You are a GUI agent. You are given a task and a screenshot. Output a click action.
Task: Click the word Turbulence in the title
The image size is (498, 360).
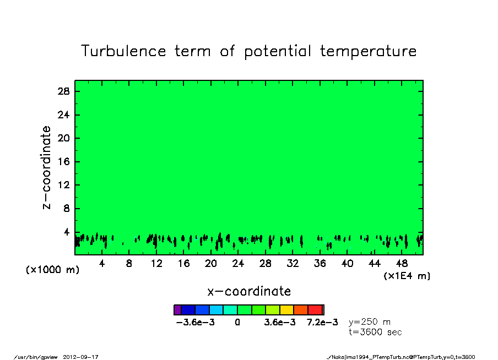pos(123,51)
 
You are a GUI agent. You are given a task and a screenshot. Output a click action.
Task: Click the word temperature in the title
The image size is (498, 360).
pos(368,51)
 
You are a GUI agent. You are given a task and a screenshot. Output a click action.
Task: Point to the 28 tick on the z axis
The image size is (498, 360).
pos(63,91)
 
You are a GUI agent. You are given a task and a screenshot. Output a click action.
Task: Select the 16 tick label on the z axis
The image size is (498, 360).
pos(63,162)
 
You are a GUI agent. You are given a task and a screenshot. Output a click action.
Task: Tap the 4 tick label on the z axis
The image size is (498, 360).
pos(66,232)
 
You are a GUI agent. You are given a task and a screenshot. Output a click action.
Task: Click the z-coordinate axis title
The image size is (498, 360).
pos(46,168)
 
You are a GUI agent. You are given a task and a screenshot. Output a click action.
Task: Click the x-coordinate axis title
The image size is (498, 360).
pos(249,291)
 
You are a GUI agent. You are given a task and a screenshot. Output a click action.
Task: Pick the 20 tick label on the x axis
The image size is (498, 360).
pos(211,263)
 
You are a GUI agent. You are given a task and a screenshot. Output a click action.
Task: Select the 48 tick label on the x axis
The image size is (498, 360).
pos(402,263)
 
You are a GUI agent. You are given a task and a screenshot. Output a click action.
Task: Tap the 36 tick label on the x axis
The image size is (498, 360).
pos(320,263)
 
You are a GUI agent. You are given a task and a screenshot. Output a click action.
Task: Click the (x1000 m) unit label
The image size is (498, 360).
pos(52,270)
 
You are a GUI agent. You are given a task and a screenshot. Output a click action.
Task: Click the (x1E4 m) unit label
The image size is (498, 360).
pos(407,276)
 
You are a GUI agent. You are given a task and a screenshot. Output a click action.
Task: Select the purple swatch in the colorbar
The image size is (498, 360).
pos(177,310)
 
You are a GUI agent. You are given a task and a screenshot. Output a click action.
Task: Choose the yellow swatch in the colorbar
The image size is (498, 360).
pos(287,310)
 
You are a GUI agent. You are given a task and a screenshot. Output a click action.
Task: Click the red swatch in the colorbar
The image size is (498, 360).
pos(315,310)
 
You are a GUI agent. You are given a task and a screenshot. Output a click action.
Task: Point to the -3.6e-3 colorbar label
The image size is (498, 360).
pos(196,323)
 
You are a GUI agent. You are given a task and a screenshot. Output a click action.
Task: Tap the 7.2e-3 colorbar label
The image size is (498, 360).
pos(322,323)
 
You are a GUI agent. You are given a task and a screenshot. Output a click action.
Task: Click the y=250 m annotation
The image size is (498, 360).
pos(370,322)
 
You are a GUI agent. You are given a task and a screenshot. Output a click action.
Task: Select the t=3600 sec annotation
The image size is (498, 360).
pos(375,332)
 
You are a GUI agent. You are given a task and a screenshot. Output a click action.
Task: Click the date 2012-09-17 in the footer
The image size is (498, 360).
pos(80,357)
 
